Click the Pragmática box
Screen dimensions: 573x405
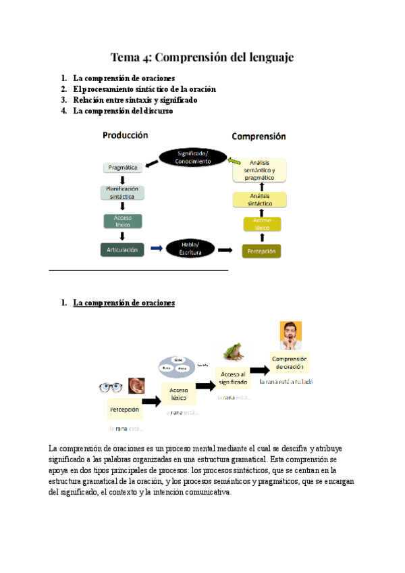pyautogui.click(x=122, y=167)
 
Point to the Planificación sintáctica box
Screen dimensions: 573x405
pyautogui.click(x=122, y=193)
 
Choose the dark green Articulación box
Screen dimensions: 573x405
pyautogui.click(x=122, y=249)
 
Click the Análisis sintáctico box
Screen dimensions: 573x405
pyautogui.click(x=261, y=199)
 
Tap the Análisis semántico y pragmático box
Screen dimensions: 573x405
pyautogui.click(x=261, y=170)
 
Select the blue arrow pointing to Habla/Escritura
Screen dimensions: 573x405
pyautogui.click(x=156, y=249)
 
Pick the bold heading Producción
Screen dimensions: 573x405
pyautogui.click(x=125, y=135)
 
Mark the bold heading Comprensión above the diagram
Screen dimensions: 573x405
pyautogui.click(x=259, y=136)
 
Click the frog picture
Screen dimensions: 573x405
pyautogui.click(x=233, y=352)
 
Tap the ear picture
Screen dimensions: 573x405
pyautogui.click(x=136, y=386)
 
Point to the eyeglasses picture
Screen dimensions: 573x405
pyautogui.click(x=109, y=387)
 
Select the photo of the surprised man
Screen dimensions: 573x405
pyautogui.click(x=291, y=335)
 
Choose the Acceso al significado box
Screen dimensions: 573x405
pyautogui.click(x=234, y=378)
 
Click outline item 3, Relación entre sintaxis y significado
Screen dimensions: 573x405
pyautogui.click(x=135, y=100)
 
